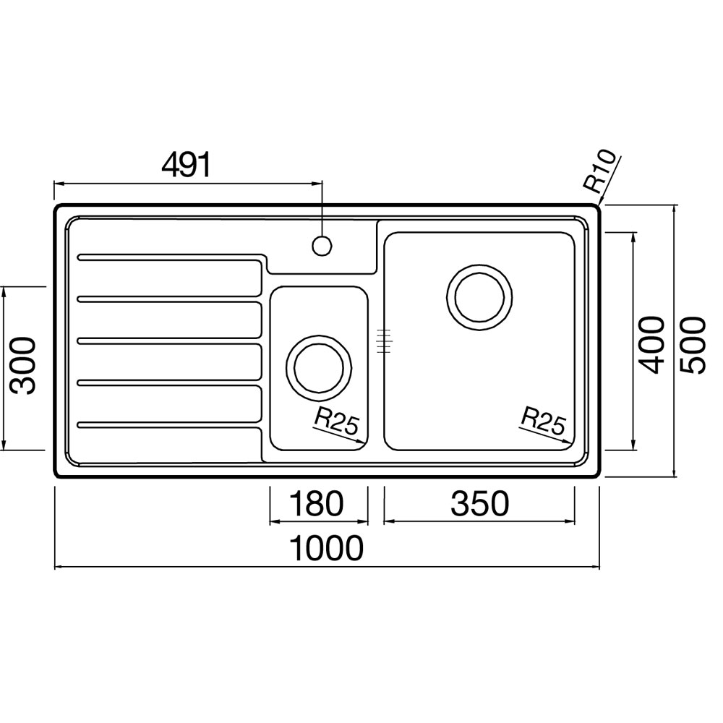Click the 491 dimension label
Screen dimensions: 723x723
point(186,165)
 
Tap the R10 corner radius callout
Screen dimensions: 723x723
point(599,171)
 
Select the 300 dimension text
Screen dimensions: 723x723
point(24,366)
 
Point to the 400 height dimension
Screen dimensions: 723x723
point(652,344)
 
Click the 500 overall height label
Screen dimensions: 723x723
point(693,344)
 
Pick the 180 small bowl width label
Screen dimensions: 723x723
point(317,503)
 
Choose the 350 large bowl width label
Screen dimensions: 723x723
point(479,503)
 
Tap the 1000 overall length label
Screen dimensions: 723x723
point(326,548)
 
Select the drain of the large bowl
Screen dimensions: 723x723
point(479,297)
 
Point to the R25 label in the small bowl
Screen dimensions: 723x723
point(335,423)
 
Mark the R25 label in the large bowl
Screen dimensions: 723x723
point(543,421)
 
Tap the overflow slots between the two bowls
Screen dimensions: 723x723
point(384,341)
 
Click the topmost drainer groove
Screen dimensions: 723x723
point(171,257)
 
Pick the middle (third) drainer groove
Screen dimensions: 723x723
point(170,341)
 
